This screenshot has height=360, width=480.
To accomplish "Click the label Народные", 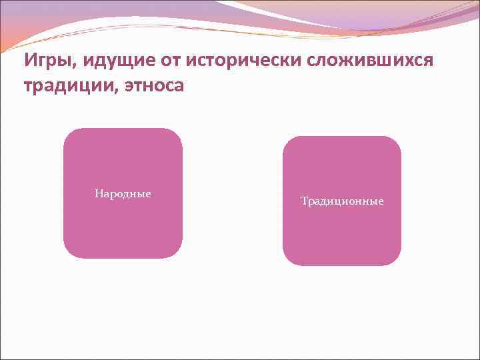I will (123, 194).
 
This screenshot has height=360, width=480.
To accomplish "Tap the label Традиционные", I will (342, 201).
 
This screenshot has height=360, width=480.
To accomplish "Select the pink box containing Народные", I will (123, 227).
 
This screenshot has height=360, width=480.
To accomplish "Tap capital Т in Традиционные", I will (304, 201).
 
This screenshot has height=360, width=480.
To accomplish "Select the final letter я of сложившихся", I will (429, 61).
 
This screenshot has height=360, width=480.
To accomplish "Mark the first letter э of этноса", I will (129, 87).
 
